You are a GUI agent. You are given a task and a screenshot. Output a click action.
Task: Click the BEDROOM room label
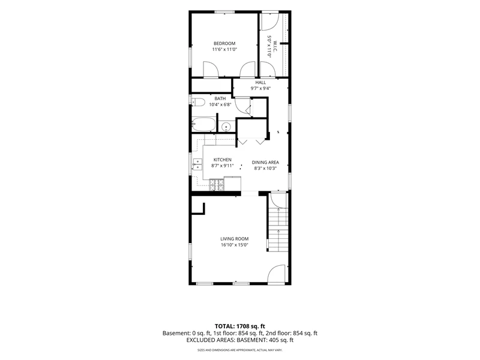(x=224, y=43)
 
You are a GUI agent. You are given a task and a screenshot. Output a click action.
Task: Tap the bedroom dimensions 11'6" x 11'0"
(x=224, y=49)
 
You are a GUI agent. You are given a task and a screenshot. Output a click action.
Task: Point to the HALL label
(x=260, y=82)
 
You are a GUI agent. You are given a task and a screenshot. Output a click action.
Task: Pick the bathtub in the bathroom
(x=203, y=124)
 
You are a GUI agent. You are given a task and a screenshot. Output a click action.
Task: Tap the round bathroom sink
(x=226, y=127)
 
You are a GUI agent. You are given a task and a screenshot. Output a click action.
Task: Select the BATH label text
(x=220, y=98)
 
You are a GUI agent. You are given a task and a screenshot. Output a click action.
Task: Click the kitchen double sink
(x=197, y=164)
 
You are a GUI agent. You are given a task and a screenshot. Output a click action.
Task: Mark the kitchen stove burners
(x=217, y=185)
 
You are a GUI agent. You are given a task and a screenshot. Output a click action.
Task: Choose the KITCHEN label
(x=223, y=160)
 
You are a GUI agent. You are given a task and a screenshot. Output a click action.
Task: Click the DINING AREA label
(x=265, y=163)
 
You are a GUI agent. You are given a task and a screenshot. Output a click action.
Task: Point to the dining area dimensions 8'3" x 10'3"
(x=265, y=168)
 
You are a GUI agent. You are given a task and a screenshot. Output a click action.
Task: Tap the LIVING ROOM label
(x=235, y=239)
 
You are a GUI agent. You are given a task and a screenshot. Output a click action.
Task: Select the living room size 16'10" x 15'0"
(x=235, y=245)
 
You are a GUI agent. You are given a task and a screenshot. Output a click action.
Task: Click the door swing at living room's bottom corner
(x=277, y=274)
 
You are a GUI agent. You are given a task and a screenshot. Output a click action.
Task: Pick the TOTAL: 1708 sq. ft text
(x=239, y=326)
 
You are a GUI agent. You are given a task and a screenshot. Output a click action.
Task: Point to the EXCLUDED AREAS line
(x=240, y=340)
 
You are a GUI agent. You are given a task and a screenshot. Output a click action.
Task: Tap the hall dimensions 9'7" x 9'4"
(x=260, y=88)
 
